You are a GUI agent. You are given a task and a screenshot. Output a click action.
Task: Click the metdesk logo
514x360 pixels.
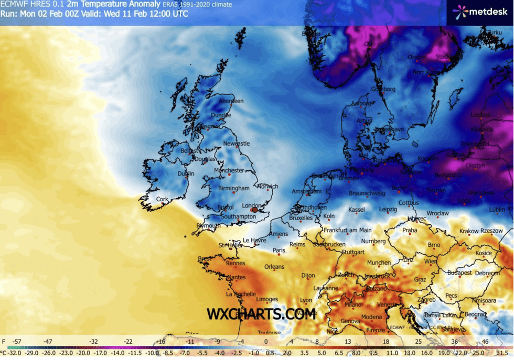click(476, 11)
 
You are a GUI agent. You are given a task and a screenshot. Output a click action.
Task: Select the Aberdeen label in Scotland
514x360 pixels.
click(231, 101)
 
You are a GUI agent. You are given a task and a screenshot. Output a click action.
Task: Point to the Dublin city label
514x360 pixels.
click(186, 174)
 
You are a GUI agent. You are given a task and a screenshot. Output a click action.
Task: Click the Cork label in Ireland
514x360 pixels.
click(163, 199)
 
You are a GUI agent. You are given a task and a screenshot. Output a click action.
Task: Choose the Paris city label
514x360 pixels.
click(279, 250)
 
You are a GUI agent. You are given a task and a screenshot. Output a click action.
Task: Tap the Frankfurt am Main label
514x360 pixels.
click(348, 230)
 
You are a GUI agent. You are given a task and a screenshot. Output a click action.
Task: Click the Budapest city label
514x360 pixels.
click(459, 273)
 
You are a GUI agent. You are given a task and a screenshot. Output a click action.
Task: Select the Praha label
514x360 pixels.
click(410, 230)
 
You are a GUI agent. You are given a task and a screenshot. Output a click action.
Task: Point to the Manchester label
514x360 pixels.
click(229, 170)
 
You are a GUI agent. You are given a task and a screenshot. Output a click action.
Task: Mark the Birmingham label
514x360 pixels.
click(234, 188)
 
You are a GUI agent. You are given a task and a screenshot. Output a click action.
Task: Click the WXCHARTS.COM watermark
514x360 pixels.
click(261, 314)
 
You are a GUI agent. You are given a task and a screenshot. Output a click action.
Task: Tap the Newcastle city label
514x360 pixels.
click(237, 143)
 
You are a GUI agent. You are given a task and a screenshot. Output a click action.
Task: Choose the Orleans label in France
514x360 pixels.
click(274, 267)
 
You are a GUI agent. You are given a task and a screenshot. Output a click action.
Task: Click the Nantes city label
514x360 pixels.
click(237, 277)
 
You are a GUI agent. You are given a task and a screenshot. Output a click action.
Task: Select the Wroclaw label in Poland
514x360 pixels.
click(437, 213)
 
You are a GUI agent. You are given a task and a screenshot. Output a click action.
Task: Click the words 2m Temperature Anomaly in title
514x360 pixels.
click(113, 4)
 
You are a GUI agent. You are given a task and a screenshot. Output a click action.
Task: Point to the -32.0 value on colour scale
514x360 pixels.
click(11, 354)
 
